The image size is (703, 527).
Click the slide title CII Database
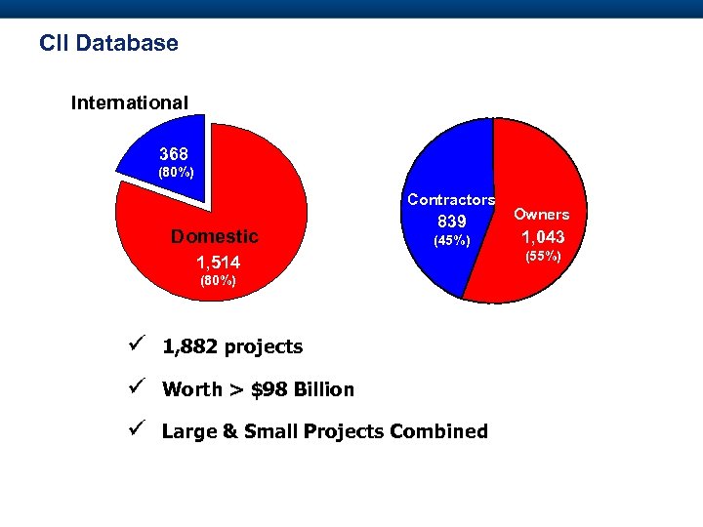coord(108,44)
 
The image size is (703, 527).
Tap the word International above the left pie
coord(130,101)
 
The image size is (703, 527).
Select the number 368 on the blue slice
coord(174,154)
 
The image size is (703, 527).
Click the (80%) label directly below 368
coord(177,173)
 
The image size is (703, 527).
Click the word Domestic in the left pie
coord(215,236)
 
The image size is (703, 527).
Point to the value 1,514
coord(218,263)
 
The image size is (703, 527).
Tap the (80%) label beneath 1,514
coord(218,281)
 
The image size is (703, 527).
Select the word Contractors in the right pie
coord(451,199)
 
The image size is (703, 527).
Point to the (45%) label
coord(452,240)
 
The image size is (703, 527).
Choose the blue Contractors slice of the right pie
coord(439,156)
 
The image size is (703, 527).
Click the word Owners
coord(542,215)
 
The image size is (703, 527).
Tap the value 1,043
coord(542,237)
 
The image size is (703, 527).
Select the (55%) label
coord(543,257)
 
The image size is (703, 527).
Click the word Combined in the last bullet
coord(438,431)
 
